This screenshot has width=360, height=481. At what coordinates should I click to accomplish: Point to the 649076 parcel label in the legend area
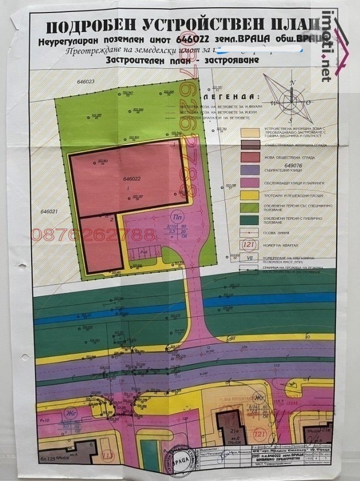(293, 165)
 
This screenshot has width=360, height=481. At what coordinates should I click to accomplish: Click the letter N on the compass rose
(293, 82)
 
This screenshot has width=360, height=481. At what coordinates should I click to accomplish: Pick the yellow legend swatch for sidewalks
(250, 195)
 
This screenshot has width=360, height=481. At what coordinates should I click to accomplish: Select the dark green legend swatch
(250, 220)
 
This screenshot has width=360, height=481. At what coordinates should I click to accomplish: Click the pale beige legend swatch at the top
(250, 132)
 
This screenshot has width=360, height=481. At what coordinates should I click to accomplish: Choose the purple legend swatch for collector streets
(250, 169)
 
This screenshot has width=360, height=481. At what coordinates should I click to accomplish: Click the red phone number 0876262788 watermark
(93, 234)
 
